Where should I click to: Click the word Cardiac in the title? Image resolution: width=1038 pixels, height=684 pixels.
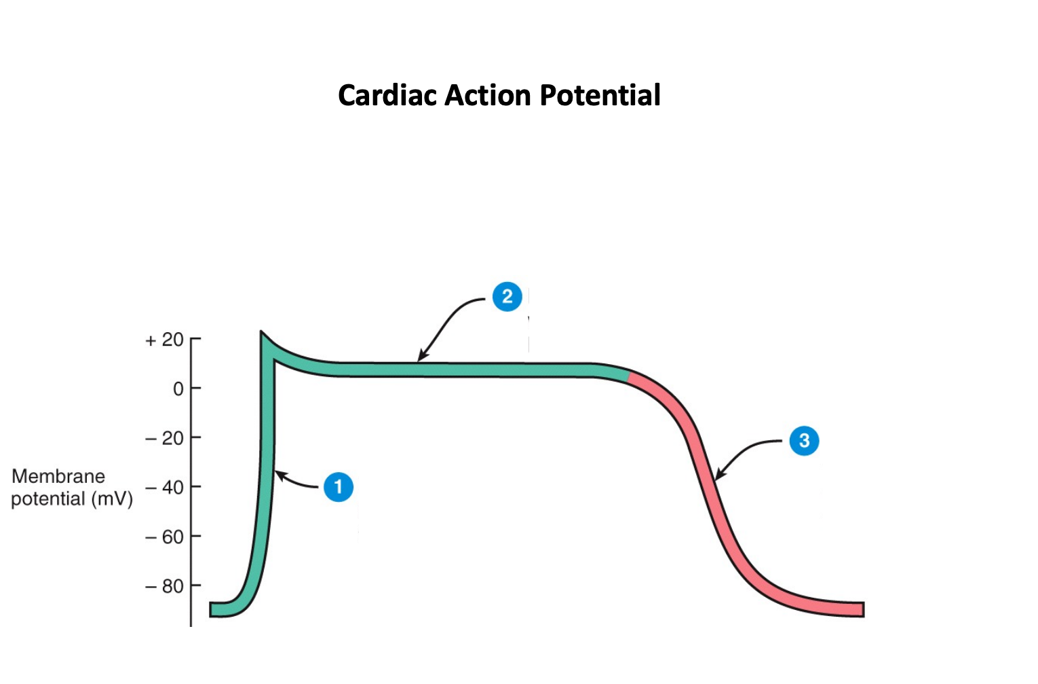(x=388, y=95)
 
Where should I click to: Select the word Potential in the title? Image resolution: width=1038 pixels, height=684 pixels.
(x=600, y=95)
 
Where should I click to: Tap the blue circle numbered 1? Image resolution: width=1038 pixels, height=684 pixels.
(x=338, y=487)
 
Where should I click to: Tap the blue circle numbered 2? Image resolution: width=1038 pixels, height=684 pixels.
(x=507, y=297)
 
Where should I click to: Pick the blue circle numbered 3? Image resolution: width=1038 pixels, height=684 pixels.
(x=804, y=441)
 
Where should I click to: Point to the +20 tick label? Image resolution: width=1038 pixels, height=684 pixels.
(x=164, y=340)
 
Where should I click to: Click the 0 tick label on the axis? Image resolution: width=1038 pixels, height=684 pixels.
(x=178, y=389)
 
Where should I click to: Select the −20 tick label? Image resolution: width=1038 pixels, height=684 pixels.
(x=164, y=438)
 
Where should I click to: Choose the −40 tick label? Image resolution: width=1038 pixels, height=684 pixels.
(x=164, y=488)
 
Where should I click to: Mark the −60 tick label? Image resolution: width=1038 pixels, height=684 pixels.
(x=164, y=537)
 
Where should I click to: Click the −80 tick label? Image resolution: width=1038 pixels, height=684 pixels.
(x=164, y=586)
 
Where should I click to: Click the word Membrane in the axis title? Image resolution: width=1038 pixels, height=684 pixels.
(x=58, y=476)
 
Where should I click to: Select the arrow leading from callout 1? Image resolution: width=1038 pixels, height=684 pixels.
(x=296, y=480)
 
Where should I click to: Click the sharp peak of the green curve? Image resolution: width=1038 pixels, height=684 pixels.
(x=262, y=335)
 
